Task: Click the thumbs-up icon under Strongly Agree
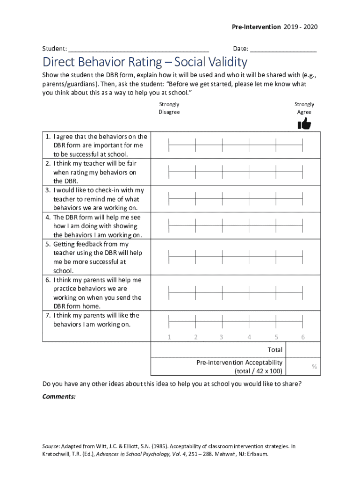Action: [x=304, y=123]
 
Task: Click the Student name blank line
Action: [x=138, y=49]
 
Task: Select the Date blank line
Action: [x=283, y=49]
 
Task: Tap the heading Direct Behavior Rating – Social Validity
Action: [x=144, y=62]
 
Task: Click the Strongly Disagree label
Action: [x=169, y=108]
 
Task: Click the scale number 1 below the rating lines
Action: [x=169, y=337]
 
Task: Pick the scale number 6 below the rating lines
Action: [x=303, y=337]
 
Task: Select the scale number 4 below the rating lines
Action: [x=249, y=337]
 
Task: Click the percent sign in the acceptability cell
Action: [x=315, y=367]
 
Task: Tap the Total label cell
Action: [x=275, y=349]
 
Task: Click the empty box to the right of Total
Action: [x=302, y=349]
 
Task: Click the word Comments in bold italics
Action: [x=59, y=396]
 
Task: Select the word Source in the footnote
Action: [x=52, y=446]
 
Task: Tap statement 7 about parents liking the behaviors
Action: [x=96, y=320]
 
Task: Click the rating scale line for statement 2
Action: [x=236, y=173]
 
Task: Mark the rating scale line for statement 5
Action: [x=236, y=257]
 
